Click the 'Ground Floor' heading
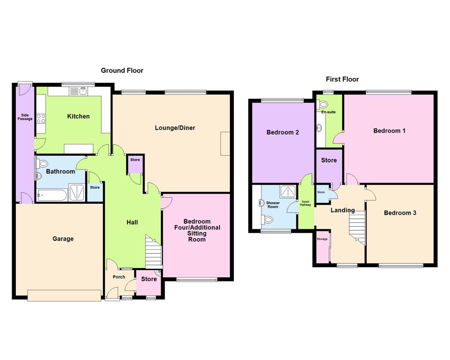[122, 70]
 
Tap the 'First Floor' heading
[342, 79]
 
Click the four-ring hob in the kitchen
[41, 119]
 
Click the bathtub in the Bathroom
[52, 195]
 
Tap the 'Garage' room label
[63, 239]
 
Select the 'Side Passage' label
[25, 117]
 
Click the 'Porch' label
[119, 277]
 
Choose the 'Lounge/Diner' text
[175, 128]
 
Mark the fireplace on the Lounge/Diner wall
[225, 144]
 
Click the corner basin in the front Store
[158, 273]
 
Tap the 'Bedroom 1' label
[389, 131]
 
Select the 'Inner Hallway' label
[306, 203]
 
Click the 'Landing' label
[342, 210]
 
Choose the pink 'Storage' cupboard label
[322, 239]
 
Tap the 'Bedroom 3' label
[400, 213]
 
